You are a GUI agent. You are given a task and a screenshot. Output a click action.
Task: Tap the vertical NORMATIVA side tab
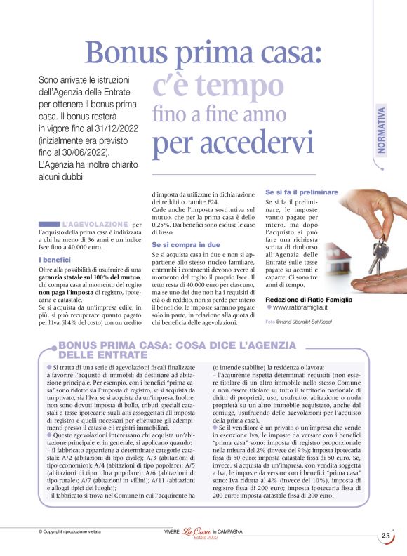pyautogui.click(x=382, y=131)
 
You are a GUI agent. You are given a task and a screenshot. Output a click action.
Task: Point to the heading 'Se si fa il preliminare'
pyautogui.click(x=302, y=192)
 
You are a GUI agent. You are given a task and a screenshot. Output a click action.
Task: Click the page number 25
pyautogui.click(x=386, y=536)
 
